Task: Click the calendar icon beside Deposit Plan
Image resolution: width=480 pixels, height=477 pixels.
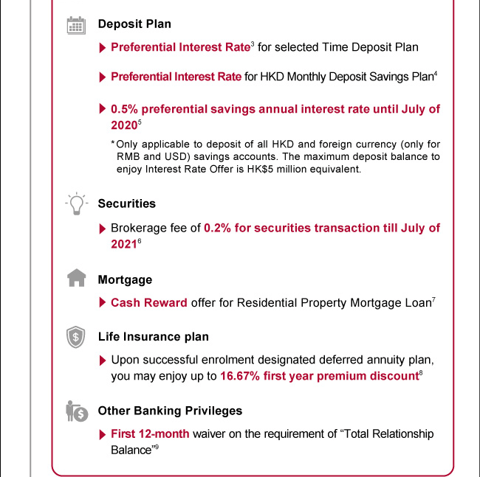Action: [x=76, y=25]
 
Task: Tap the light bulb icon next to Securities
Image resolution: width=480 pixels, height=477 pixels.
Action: [x=76, y=204]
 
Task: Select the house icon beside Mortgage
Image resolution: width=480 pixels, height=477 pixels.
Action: [x=76, y=279]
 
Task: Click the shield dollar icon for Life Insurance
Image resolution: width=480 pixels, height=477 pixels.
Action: [x=76, y=337]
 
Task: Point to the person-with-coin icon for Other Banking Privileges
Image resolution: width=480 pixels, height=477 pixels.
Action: [x=77, y=411]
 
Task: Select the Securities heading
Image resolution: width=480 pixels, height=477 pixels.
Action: [x=126, y=203]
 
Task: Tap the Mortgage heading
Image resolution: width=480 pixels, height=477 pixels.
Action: [x=125, y=280]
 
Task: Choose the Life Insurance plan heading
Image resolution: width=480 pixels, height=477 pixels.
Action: [x=153, y=337]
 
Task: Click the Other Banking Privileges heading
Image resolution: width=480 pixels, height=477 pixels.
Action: [x=170, y=411]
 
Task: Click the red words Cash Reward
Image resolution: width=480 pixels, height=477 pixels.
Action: [x=149, y=303]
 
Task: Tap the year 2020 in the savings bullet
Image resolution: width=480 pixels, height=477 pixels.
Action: [x=123, y=126]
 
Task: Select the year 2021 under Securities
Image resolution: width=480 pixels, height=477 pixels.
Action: [x=123, y=245]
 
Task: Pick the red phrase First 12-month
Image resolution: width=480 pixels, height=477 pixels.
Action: [x=150, y=434]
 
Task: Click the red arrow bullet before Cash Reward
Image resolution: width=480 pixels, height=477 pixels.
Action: [x=102, y=303]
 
